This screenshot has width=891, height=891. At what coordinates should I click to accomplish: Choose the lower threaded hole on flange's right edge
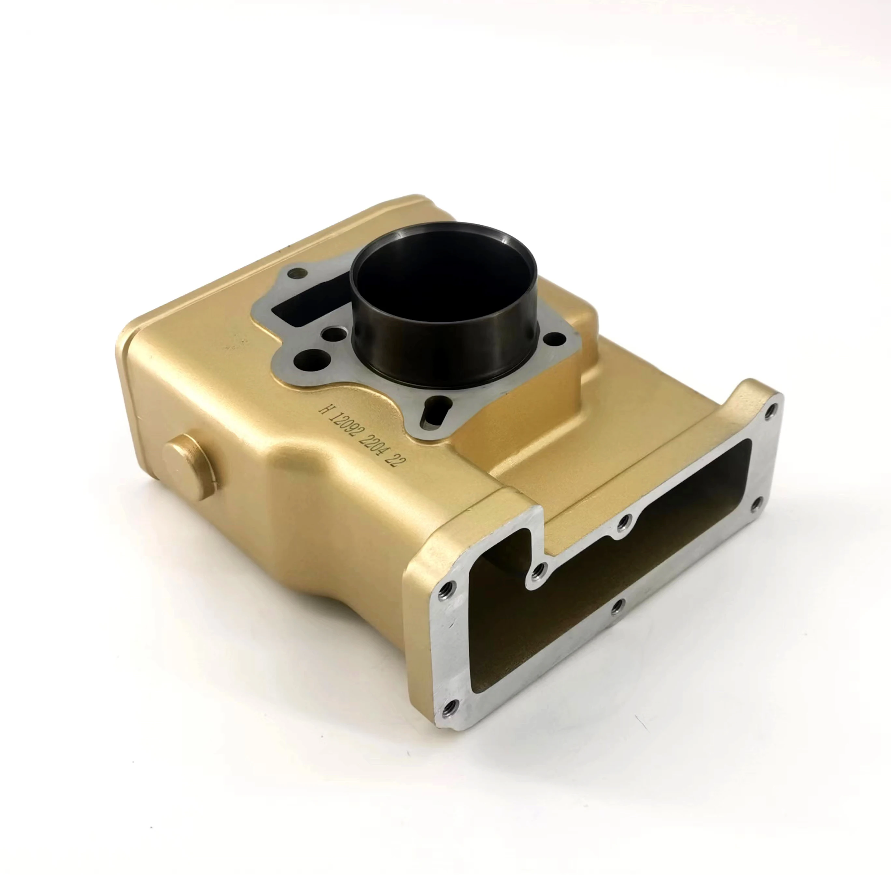pyautogui.click(x=756, y=504)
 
